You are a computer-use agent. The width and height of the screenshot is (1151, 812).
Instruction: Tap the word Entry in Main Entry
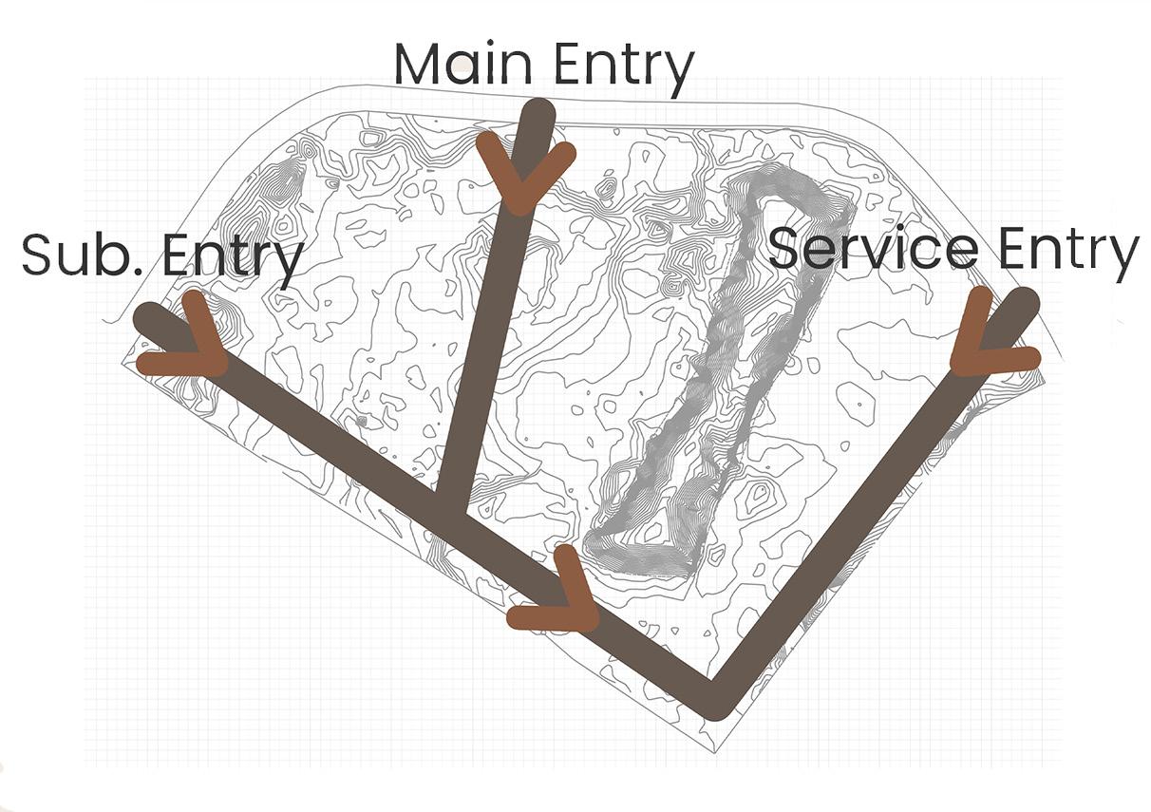coord(622,66)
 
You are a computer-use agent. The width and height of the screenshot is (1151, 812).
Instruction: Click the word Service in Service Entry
coord(873,248)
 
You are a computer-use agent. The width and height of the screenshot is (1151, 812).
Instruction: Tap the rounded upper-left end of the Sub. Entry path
coord(148,317)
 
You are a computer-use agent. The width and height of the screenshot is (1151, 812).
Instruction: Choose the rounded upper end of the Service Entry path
coord(1024,303)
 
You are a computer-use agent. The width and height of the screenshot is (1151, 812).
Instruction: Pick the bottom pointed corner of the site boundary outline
coord(715,751)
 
